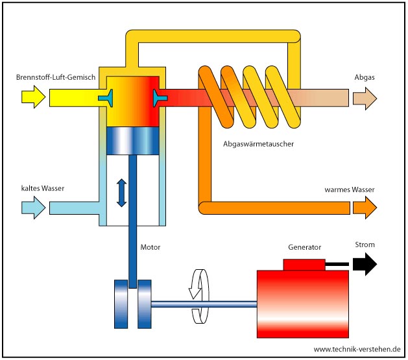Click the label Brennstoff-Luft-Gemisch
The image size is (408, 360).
point(56,78)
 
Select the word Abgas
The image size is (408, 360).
point(365,78)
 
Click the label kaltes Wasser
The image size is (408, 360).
point(42,189)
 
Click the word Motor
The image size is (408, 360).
point(150,247)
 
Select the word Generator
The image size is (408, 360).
point(304,247)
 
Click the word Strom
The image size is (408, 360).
point(365,245)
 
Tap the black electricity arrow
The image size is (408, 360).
point(365,264)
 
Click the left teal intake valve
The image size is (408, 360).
point(107,98)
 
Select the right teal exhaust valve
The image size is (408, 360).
point(159,98)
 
